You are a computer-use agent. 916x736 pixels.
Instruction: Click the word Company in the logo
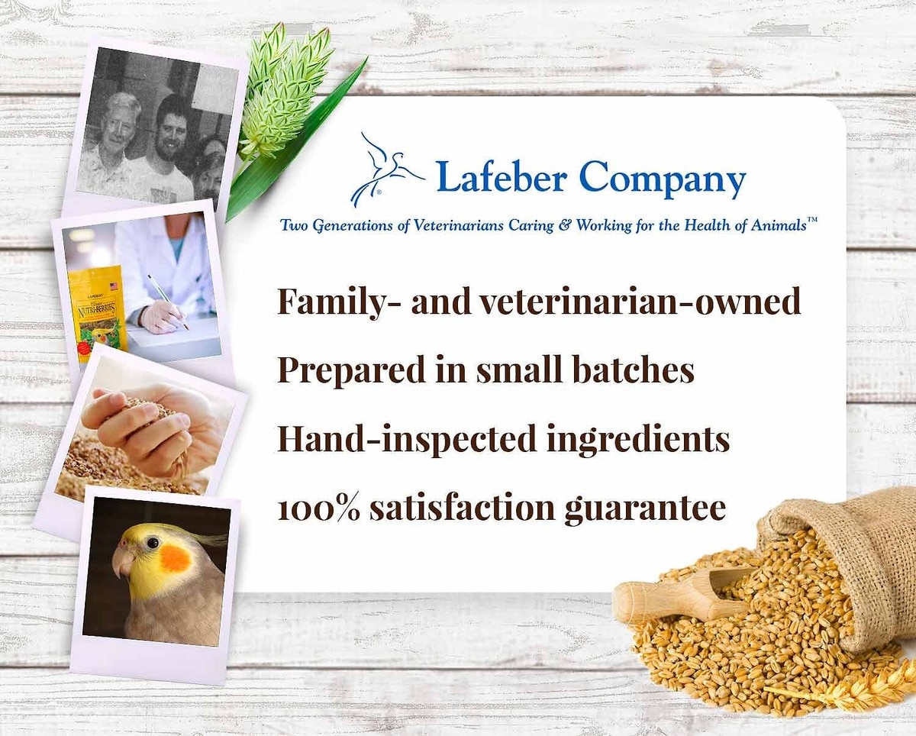pyautogui.click(x=662, y=177)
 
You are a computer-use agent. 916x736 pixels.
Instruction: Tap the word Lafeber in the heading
pyautogui.click(x=502, y=175)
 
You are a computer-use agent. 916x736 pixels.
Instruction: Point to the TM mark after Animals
pyautogui.click(x=812, y=221)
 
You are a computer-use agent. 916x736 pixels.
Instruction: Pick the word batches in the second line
pyautogui.click(x=634, y=370)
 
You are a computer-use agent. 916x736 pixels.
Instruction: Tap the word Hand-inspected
pyautogui.click(x=407, y=439)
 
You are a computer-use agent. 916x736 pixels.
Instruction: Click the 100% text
pyautogui.click(x=319, y=508)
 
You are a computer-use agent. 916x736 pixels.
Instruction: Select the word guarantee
pyautogui.click(x=645, y=509)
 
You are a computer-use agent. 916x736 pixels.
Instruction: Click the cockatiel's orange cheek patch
pyautogui.click(x=176, y=559)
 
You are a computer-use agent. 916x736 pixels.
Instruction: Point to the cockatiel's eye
pyautogui.click(x=153, y=543)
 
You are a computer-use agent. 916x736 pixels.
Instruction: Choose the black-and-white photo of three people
pyautogui.click(x=158, y=128)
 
